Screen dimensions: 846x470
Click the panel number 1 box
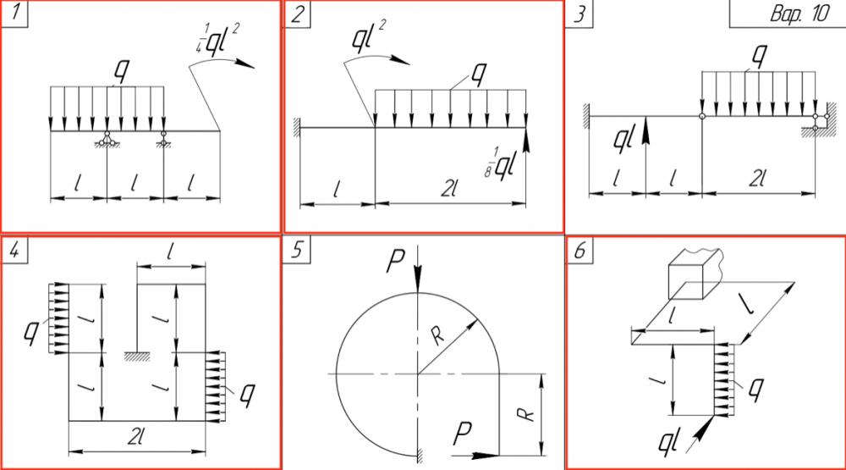click(x=14, y=14)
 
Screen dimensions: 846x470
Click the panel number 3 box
click(x=580, y=14)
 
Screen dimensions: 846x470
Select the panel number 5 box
click(x=297, y=250)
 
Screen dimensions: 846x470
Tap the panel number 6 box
click(x=580, y=250)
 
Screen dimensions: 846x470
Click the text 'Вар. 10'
click(x=799, y=14)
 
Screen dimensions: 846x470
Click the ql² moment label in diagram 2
click(x=369, y=36)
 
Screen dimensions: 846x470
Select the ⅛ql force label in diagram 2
click(x=501, y=164)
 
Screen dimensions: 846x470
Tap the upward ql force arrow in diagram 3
click(x=645, y=154)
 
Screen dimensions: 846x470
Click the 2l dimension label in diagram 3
click(x=758, y=178)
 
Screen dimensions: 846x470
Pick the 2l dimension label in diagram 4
click(x=136, y=436)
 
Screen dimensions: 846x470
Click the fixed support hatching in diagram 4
click(x=137, y=357)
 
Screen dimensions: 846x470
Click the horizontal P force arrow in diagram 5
click(x=475, y=456)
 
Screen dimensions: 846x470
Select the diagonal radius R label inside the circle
click(x=437, y=336)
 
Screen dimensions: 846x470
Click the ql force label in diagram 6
click(x=668, y=442)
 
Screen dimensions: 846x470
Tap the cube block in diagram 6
click(x=694, y=274)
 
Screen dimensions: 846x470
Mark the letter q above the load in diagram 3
click(x=760, y=54)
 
